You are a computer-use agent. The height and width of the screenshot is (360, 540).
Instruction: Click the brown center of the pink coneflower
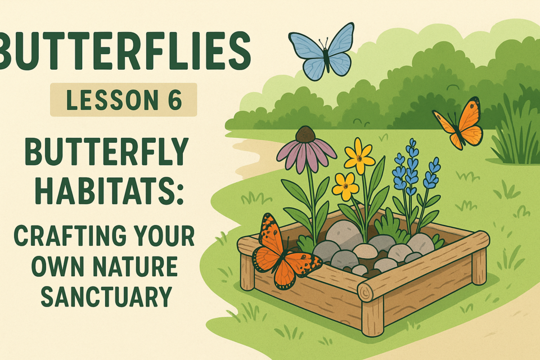coord(305,134)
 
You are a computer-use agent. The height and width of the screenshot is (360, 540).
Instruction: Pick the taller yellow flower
coord(359,157)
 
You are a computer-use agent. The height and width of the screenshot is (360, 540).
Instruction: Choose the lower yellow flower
coord(345,187)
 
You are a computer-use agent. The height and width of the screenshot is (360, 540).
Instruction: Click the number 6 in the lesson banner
coord(175,100)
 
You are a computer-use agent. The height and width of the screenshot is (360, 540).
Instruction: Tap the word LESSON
coord(109,100)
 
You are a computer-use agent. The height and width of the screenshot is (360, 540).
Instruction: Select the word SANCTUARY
coord(106,296)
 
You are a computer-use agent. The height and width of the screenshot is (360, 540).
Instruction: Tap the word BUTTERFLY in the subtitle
coord(107,151)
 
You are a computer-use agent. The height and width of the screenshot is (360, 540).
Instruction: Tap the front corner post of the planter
coord(372,316)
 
